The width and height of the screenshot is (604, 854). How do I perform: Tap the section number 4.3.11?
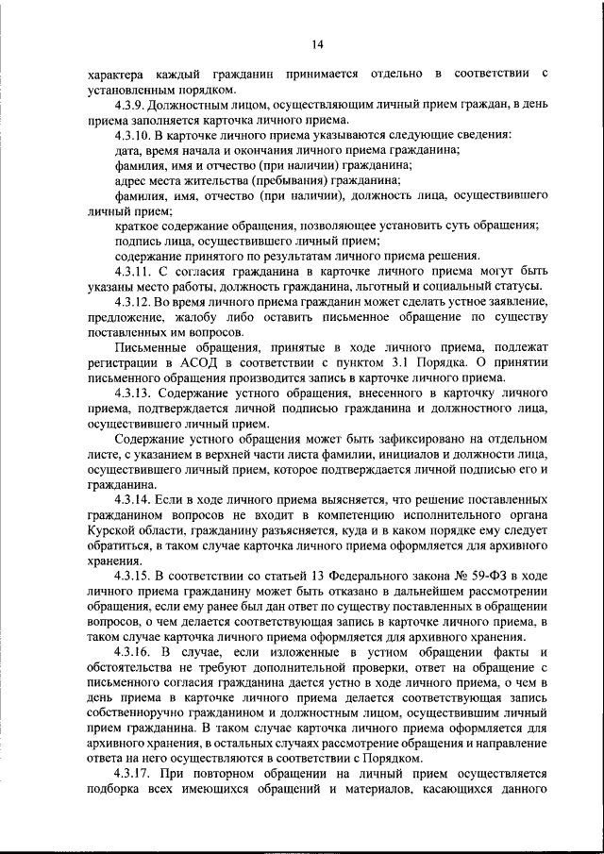click(x=136, y=271)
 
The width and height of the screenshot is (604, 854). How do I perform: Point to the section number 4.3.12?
click(x=136, y=301)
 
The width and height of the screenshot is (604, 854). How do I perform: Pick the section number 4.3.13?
click(x=136, y=392)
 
